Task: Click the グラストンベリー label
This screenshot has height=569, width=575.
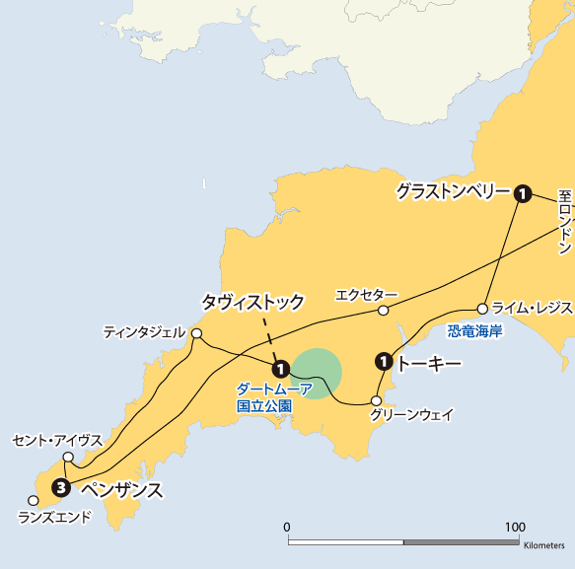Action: pos(452,191)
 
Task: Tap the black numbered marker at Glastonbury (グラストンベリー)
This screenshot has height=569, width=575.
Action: pos(522,193)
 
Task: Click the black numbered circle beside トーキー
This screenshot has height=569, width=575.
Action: pos(384,363)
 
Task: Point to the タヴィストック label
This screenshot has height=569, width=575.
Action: pos(252,300)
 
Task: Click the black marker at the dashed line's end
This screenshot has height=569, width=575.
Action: pos(280,369)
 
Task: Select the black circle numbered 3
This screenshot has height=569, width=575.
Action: pos(61,486)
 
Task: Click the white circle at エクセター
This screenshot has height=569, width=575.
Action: pos(384,311)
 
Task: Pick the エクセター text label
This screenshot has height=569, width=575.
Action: pos(366,295)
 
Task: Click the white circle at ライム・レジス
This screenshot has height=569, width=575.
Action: pos(483,308)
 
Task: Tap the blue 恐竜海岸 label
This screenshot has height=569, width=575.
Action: pos(474,330)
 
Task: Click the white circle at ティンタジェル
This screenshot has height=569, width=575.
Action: pos(196,333)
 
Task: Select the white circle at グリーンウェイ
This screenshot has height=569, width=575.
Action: pos(376,400)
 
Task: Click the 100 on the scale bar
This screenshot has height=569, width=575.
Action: pos(515,527)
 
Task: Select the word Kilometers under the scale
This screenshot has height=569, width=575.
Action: pos(544,545)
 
